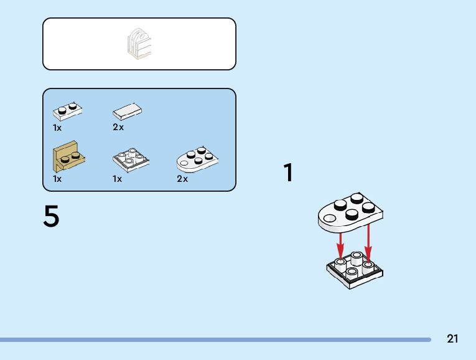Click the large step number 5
coord(52,217)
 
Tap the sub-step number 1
coord(288,173)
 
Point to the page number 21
coord(452,339)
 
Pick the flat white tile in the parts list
coord(128,111)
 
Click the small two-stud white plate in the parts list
coord(68,111)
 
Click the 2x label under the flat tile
coord(118,128)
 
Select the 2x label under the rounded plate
coord(182,179)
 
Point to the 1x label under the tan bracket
coord(57,179)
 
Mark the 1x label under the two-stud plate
coord(57,128)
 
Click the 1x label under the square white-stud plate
coord(117,179)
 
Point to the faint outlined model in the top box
coord(139,44)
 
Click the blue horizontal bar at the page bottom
coord(215,339)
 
